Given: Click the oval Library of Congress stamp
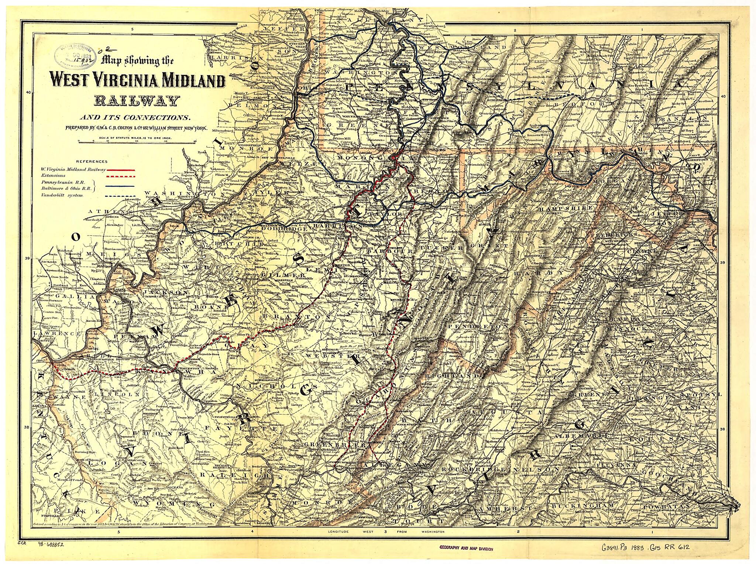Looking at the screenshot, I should click(x=73, y=55).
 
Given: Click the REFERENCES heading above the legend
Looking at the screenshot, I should click(x=92, y=161).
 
